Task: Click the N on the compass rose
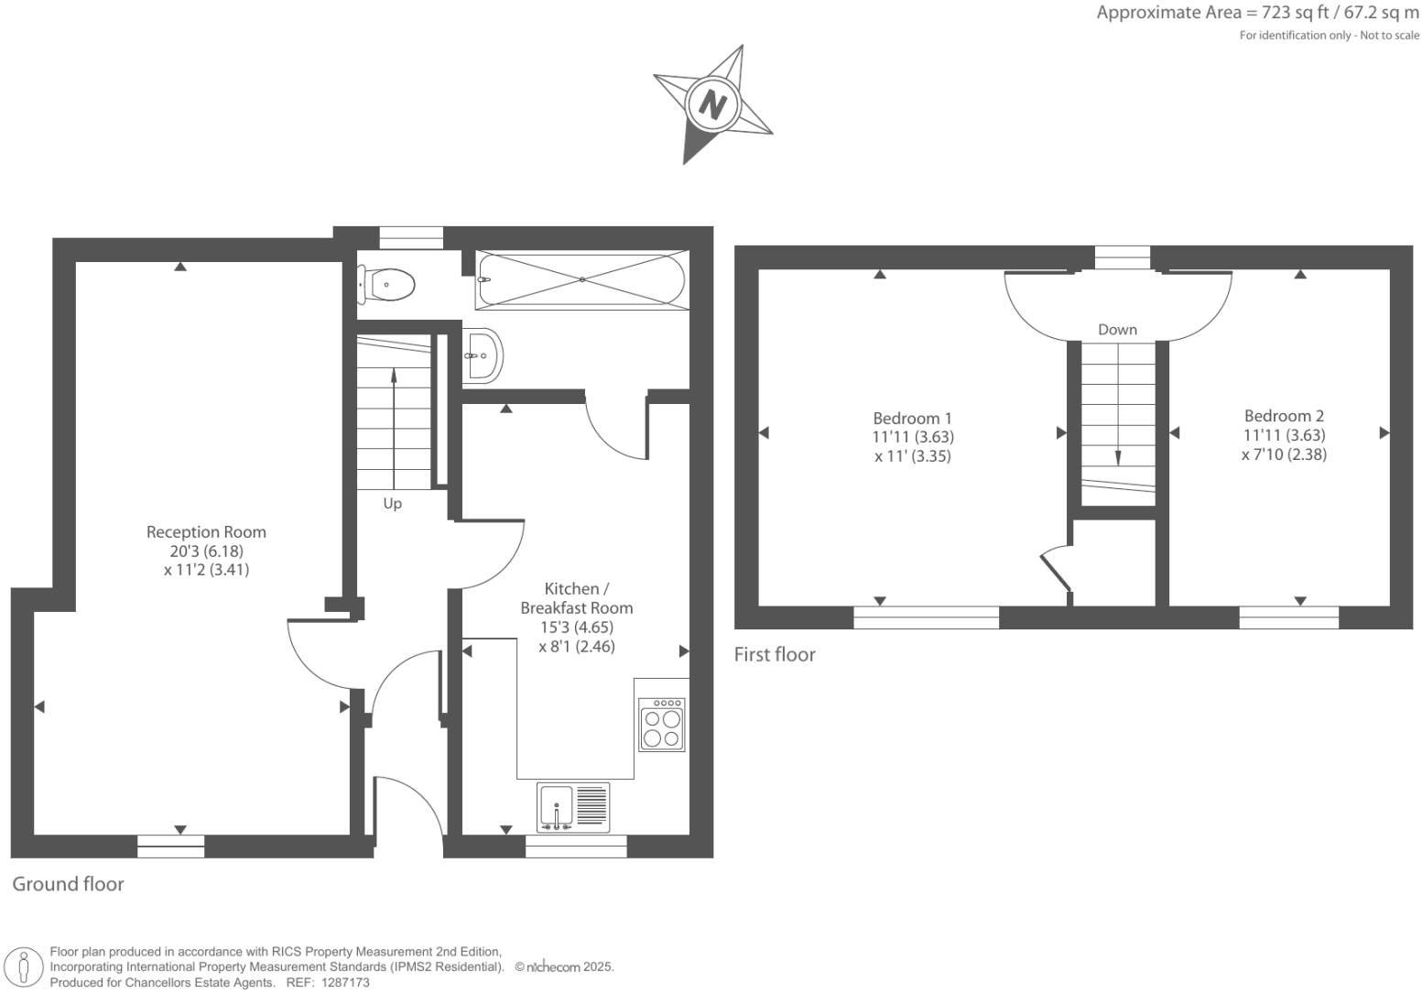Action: (x=711, y=104)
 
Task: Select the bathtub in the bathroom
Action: (x=581, y=279)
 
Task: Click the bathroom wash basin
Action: (x=482, y=355)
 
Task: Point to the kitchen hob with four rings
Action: (x=662, y=725)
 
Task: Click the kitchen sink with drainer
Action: (x=573, y=807)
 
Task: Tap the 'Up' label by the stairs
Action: (x=392, y=504)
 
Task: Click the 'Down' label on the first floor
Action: (x=1117, y=330)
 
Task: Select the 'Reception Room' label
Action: (x=206, y=532)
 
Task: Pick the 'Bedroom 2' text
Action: (x=1284, y=416)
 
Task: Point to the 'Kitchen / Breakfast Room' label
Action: (x=576, y=598)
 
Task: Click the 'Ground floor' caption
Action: (x=68, y=884)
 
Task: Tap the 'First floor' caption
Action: (x=775, y=654)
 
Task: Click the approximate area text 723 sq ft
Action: (x=1258, y=13)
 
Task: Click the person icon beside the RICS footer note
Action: (x=24, y=967)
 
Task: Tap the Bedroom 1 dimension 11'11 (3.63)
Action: (x=912, y=437)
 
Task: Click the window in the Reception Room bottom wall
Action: (x=171, y=847)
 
